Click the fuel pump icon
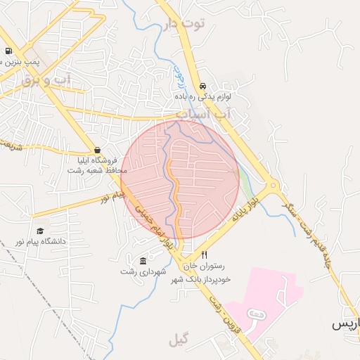click(x=8, y=51)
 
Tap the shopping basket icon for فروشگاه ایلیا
click(x=97, y=149)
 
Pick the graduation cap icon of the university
click(x=40, y=231)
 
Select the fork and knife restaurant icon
click(x=204, y=255)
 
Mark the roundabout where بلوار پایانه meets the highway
click(x=273, y=187)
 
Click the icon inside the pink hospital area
click(x=257, y=313)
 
